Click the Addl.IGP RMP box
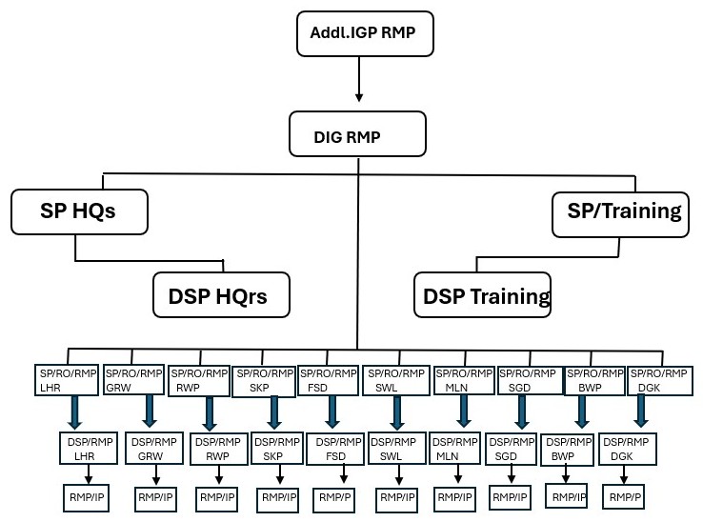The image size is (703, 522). tap(365, 33)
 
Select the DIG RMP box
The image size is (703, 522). tap(357, 134)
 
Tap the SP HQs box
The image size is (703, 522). tap(79, 211)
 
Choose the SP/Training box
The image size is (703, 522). tap(620, 215)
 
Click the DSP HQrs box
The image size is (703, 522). tap(222, 294)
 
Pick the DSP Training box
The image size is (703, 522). tap(482, 294)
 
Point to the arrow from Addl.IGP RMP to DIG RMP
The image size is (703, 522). tap(359, 79)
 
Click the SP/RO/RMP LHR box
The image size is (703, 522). tap(67, 380)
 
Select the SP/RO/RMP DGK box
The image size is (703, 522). tap(660, 381)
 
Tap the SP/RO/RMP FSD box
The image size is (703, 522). tap(329, 381)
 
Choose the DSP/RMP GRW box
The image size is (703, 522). tap(154, 448)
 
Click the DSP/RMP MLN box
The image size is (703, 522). tap(455, 448)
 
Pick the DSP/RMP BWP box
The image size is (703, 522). tap(567, 450)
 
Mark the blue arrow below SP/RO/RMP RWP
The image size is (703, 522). tap(209, 413)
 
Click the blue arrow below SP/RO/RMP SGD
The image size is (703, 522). tap(521, 412)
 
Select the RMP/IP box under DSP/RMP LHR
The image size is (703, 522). tap(86, 498)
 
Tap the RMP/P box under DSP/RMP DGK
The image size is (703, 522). tap(624, 497)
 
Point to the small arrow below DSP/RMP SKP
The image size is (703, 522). tap(280, 474)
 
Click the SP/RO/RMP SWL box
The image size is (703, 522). tap(396, 381)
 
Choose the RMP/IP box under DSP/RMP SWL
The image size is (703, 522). tap(397, 498)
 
